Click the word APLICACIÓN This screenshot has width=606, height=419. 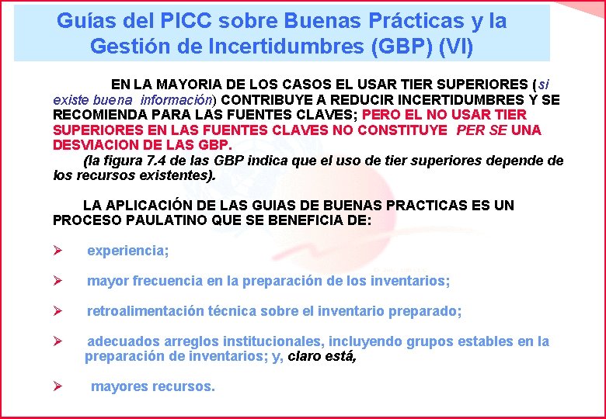coord(153,206)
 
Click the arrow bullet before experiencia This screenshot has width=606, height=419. coord(57,251)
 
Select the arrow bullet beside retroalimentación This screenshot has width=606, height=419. coord(57,311)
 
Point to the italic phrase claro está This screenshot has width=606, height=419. coord(322,357)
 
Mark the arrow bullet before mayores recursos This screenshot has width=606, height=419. coord(57,386)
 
